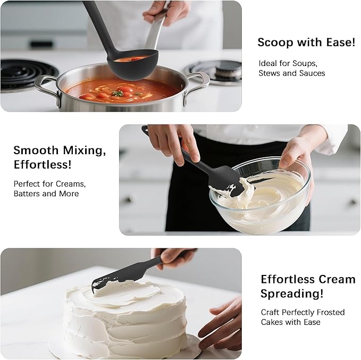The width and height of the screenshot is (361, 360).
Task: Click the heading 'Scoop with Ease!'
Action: (x=306, y=43)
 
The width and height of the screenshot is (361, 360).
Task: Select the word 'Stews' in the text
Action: (x=270, y=73)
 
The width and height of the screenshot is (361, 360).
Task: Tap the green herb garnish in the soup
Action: (x=117, y=93)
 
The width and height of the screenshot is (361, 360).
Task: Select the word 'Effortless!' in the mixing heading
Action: (x=43, y=165)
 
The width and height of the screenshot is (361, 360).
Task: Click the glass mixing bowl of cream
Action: (x=261, y=199)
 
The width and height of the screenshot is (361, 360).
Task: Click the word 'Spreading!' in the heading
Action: (x=291, y=294)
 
